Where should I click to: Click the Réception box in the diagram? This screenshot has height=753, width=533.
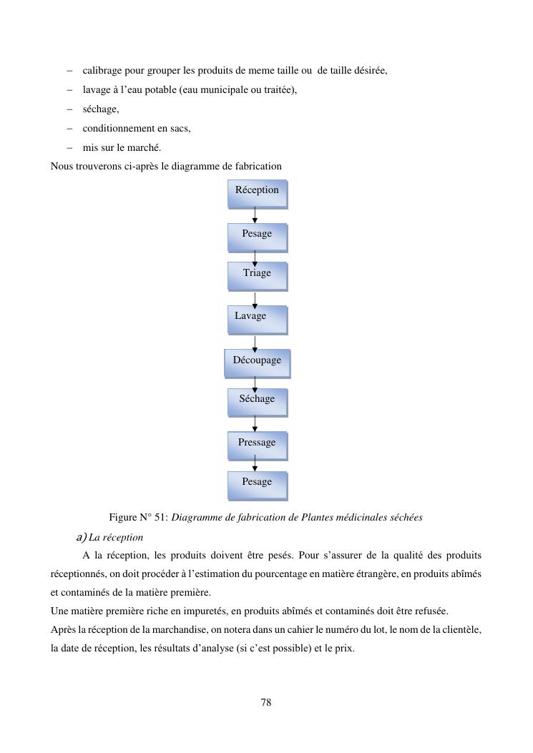pos(258,194)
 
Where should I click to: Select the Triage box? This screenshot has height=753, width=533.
pos(258,276)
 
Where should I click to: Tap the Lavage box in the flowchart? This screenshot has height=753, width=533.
pos(258,320)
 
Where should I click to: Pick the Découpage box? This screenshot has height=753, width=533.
pos(257,363)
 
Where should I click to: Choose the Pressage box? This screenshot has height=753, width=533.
pos(258,446)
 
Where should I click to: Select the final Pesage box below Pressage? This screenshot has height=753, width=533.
pos(258,486)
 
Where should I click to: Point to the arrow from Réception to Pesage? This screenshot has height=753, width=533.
pos(255,215)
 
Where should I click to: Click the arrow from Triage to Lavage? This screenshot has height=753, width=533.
pos(255,300)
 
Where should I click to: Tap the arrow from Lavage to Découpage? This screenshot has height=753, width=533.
pos(255,343)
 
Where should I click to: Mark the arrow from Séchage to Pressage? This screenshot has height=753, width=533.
pos(255,424)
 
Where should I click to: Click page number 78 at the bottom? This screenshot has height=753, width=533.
pos(266,703)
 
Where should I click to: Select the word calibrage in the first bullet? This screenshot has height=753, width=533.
pos(102,71)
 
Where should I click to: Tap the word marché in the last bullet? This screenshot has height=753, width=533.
pos(145,148)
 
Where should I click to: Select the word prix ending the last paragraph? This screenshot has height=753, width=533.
pos(344,649)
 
